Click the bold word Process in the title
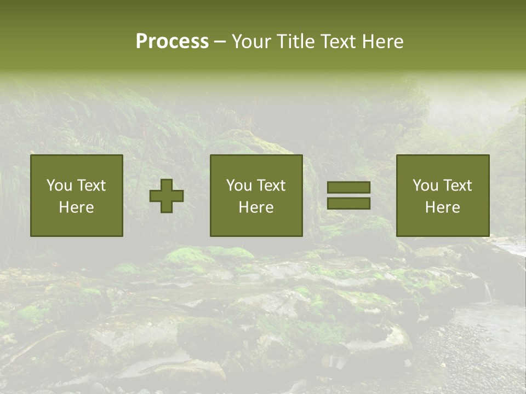(x=172, y=42)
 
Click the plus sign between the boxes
(x=167, y=196)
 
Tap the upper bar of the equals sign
(x=348, y=188)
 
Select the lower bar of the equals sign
(x=348, y=204)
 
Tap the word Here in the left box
(x=77, y=207)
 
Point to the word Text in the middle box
(x=271, y=186)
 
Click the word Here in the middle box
(x=256, y=207)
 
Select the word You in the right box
(x=425, y=186)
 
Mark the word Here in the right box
(x=443, y=207)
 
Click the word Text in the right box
(x=458, y=186)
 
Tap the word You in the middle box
(x=239, y=186)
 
